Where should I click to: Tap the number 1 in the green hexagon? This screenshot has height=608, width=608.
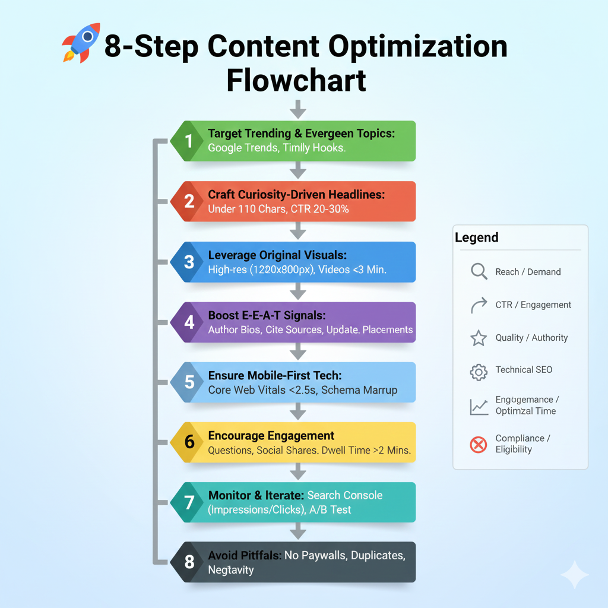[x=189, y=141]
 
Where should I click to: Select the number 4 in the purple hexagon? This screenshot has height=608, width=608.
[x=189, y=322]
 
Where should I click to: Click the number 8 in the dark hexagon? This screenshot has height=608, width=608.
[x=189, y=562]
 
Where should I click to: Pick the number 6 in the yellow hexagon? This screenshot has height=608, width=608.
[x=189, y=442]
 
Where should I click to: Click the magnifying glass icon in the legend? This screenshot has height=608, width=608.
[x=479, y=272]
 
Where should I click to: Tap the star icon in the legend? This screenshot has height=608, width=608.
[x=479, y=338]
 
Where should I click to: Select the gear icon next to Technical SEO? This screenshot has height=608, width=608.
[x=479, y=371]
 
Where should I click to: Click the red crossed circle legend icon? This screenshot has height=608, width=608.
[x=479, y=444]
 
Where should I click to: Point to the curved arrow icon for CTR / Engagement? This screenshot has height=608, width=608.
[x=479, y=305]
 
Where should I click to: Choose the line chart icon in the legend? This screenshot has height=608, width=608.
[x=479, y=406]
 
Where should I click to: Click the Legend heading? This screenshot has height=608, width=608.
[x=477, y=238]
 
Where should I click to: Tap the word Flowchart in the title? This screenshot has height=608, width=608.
[x=296, y=80]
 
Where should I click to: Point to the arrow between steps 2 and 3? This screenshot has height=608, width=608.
[x=298, y=230]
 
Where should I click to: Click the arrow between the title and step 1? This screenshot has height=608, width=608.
[x=298, y=109]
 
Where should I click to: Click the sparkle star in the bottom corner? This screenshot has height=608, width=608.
[x=574, y=575]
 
